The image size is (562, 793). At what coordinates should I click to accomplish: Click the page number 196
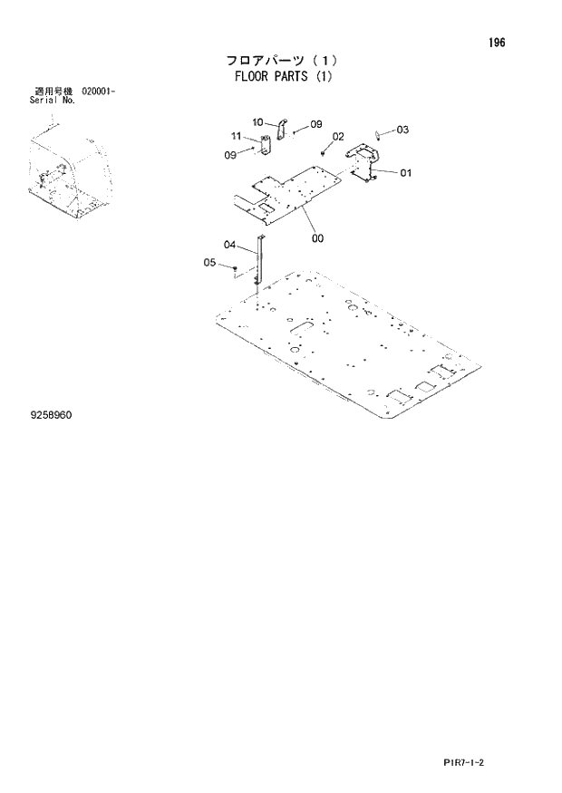point(497,44)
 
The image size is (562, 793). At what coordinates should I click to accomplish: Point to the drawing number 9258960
point(50,414)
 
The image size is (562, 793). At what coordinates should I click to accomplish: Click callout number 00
point(317,238)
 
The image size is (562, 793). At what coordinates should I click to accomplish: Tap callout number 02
point(338,137)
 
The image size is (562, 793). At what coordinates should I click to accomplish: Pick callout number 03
point(402,130)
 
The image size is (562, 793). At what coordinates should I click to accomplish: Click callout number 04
point(229,245)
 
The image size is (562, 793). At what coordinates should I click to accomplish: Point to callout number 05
point(209,263)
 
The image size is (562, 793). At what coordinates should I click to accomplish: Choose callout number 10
point(257,121)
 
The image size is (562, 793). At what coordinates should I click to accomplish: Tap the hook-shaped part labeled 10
point(281,131)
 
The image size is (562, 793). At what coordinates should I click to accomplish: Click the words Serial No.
point(53,101)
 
